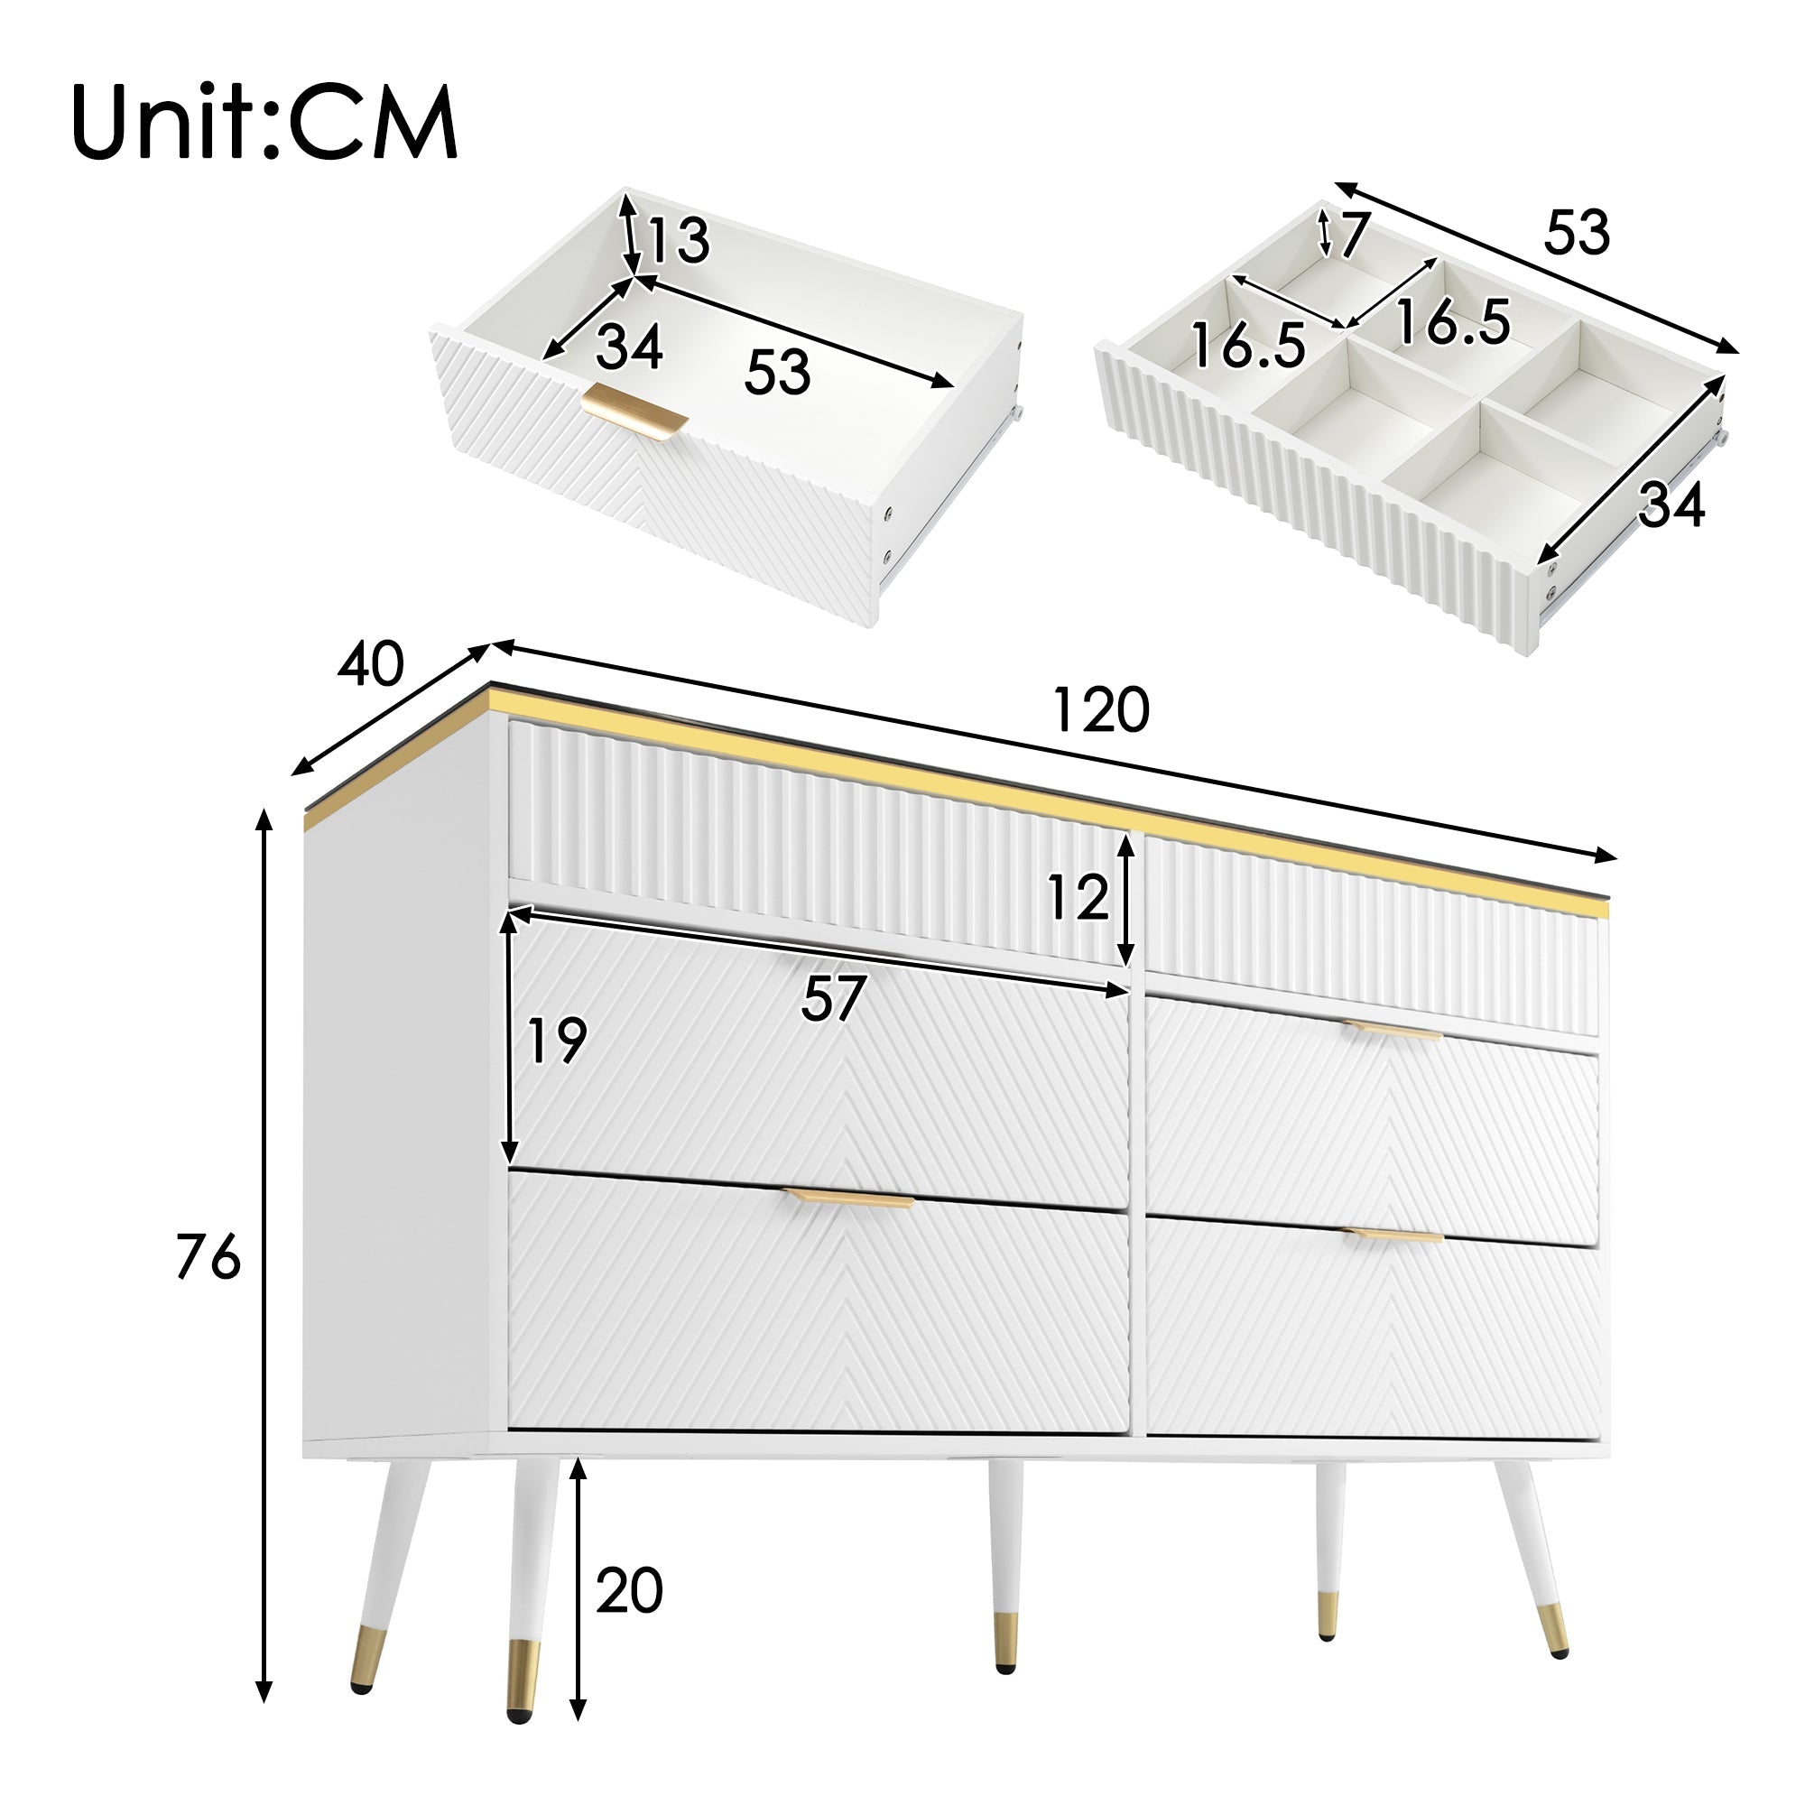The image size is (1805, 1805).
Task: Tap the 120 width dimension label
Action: click(x=1099, y=710)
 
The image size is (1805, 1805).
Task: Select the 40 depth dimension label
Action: click(x=371, y=665)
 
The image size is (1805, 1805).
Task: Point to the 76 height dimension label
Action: click(x=208, y=1257)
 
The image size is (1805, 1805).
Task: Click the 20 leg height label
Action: click(x=630, y=1590)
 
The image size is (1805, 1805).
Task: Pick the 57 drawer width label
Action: click(x=833, y=998)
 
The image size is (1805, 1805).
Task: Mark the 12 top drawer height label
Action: click(x=1078, y=898)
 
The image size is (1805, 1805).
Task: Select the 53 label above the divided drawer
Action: click(x=1577, y=233)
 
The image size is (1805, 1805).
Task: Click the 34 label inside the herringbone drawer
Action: click(x=629, y=347)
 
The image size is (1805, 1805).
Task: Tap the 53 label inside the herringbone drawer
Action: click(x=777, y=372)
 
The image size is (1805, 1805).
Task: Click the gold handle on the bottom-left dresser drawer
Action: click(x=848, y=1199)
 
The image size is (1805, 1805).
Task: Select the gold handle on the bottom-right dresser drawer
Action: click(x=1393, y=1236)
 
